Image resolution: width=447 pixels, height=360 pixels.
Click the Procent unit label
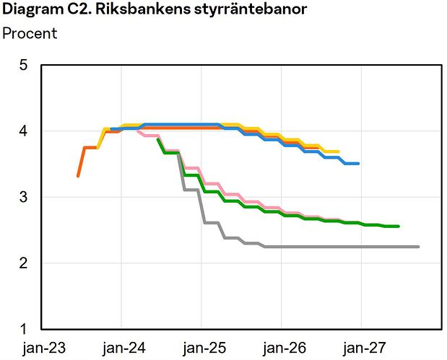[30, 33]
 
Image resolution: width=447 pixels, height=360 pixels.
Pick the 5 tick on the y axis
[23, 66]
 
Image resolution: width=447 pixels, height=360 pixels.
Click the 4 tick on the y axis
[23, 131]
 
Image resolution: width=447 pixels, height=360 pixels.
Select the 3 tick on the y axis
[23, 197]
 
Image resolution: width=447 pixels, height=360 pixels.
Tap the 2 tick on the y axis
[23, 263]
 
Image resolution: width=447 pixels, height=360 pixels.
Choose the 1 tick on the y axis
[23, 329]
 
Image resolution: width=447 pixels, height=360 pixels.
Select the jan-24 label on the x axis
[123, 348]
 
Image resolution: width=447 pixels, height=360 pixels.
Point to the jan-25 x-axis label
[202, 348]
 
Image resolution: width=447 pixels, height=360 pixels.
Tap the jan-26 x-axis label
[282, 348]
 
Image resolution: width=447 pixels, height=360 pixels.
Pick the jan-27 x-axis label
[360, 348]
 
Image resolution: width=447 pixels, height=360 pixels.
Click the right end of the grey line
[418, 247]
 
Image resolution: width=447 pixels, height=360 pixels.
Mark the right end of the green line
[399, 226]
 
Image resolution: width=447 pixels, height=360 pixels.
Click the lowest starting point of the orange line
[78, 176]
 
